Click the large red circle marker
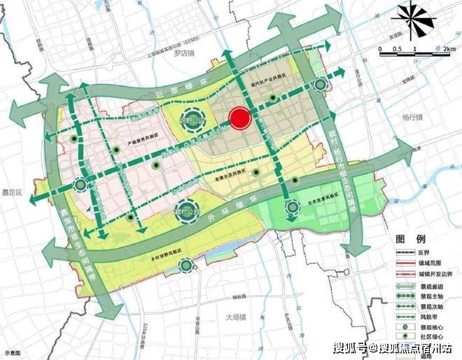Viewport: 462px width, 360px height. pyautogui.click(x=240, y=119)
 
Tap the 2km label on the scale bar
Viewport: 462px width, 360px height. pyautogui.click(x=449, y=50)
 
